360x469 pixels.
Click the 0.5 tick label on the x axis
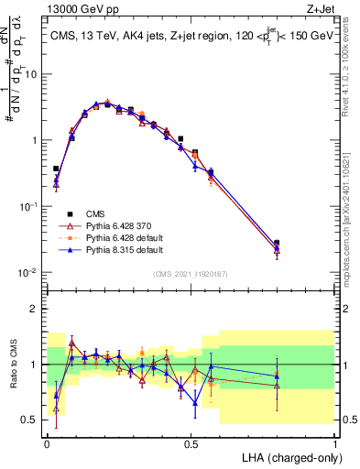click(x=191, y=442)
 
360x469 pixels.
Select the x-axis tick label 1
click(x=334, y=442)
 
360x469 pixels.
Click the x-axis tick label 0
click(x=47, y=442)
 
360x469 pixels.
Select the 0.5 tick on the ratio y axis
click(x=32, y=420)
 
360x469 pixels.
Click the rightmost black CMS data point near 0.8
click(x=277, y=244)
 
